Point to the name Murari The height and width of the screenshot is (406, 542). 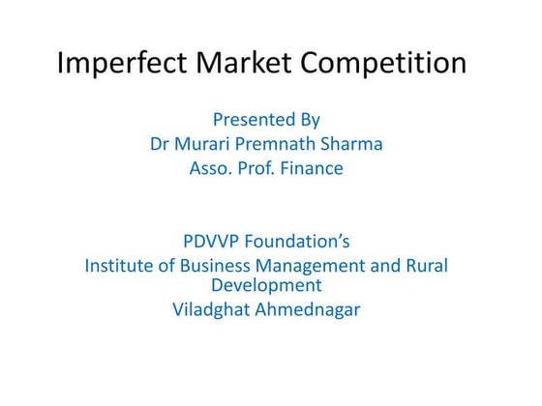[206, 144]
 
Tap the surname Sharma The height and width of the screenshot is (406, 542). [354, 144]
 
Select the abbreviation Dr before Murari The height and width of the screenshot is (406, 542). [160, 144]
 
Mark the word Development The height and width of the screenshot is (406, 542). [266, 286]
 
